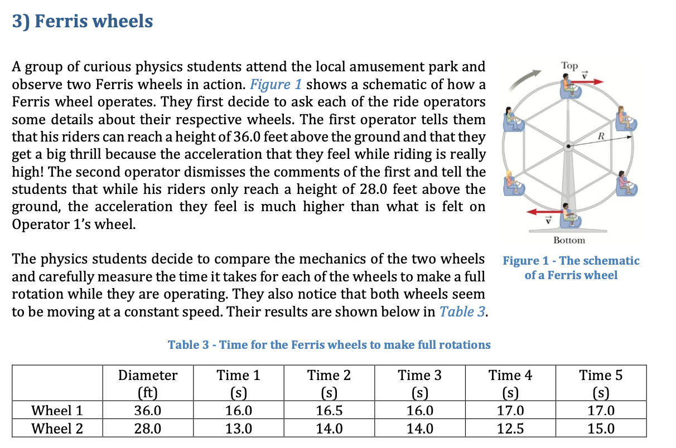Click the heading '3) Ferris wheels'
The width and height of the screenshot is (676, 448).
click(83, 21)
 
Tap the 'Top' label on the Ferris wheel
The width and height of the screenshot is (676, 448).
click(569, 66)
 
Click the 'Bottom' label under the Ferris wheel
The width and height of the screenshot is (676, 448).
click(569, 240)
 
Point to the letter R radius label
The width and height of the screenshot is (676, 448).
click(601, 136)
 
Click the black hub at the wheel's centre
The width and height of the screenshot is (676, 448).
click(568, 146)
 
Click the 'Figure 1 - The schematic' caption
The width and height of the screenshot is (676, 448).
click(571, 261)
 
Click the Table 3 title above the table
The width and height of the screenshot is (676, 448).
click(329, 345)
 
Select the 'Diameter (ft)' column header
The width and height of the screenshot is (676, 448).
click(148, 383)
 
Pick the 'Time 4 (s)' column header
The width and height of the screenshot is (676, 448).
click(510, 383)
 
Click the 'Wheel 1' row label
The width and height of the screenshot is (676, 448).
click(57, 411)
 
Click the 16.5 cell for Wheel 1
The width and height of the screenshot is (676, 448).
click(329, 411)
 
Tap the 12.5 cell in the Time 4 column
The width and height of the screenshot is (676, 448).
click(510, 428)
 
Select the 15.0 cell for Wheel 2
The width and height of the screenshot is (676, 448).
click(601, 428)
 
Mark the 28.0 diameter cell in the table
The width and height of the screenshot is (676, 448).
click(148, 428)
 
